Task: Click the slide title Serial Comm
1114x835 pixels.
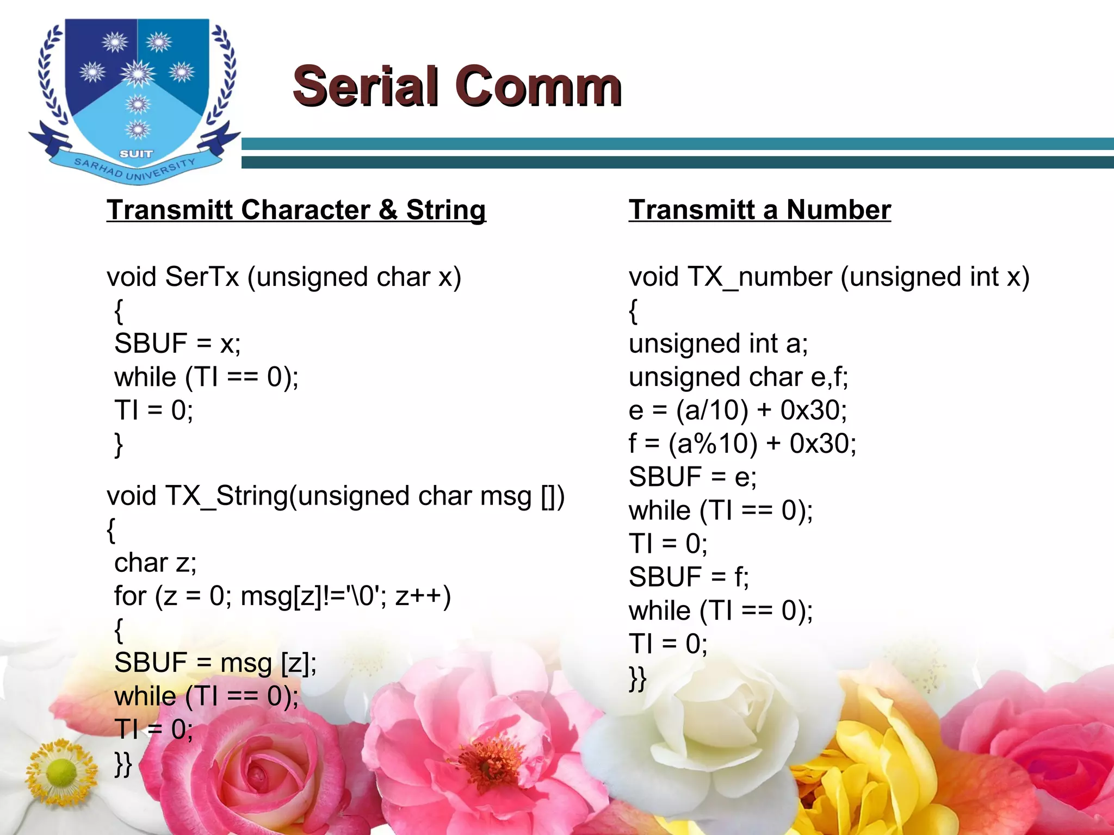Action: click(457, 86)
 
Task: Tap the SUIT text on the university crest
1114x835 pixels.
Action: click(136, 154)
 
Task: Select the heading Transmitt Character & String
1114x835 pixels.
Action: click(296, 210)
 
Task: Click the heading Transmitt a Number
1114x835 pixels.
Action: click(759, 210)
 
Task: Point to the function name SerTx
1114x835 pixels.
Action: click(202, 277)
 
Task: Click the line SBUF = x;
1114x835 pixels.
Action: click(177, 344)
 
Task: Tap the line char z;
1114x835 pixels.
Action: click(155, 563)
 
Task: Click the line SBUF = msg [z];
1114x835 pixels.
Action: click(215, 663)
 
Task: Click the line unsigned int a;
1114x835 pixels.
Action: click(718, 344)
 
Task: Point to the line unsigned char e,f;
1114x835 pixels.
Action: click(738, 377)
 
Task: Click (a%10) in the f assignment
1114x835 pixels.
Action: click(713, 444)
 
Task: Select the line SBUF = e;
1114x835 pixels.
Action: click(692, 477)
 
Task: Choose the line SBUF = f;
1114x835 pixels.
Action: click(689, 577)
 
